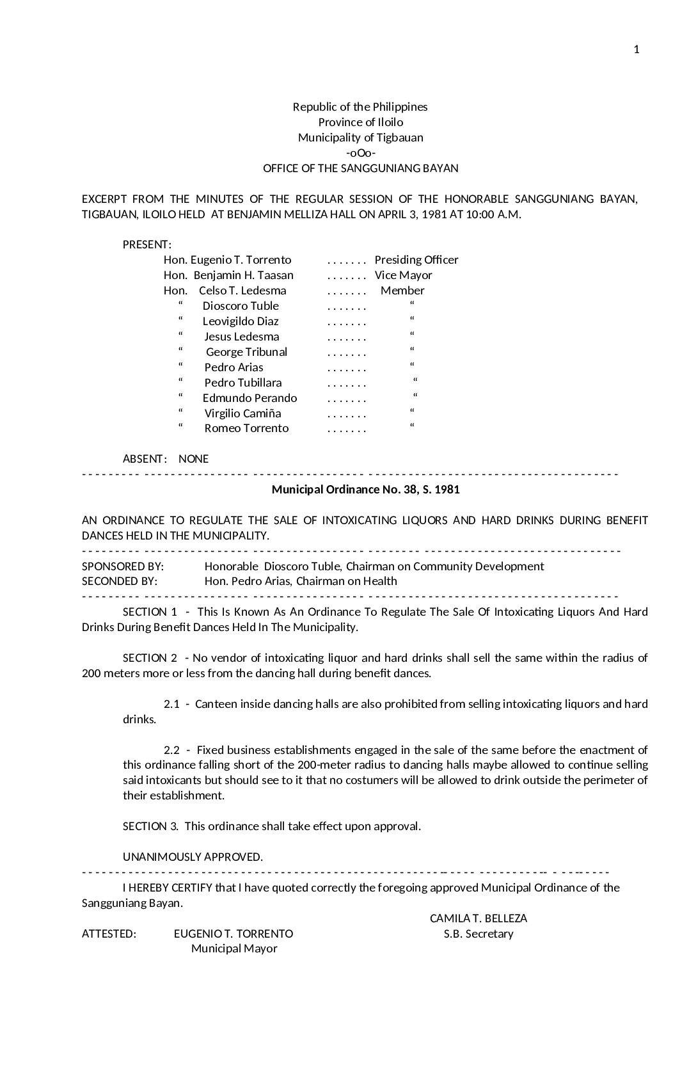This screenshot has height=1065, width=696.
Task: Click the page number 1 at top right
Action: coord(636,50)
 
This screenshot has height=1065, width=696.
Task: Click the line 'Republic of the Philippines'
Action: coord(360,107)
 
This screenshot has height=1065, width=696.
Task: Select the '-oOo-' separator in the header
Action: coord(360,153)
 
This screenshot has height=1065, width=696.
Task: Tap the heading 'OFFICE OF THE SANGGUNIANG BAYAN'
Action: coord(360,168)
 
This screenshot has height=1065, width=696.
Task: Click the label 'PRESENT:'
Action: coord(146,244)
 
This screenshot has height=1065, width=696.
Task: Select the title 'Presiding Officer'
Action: coord(416,260)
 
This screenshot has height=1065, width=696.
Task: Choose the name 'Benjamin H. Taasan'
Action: coord(243,275)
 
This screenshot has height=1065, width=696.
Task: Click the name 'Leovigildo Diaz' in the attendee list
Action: coord(241,321)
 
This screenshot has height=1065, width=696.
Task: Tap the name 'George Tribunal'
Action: coord(246,352)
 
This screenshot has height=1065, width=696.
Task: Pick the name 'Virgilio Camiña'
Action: coord(242,413)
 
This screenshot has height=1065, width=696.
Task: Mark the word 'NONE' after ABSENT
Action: coord(193,459)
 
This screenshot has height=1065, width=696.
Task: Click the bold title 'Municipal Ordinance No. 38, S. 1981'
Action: coord(365,490)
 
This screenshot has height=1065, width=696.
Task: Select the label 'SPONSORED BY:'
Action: coord(123,566)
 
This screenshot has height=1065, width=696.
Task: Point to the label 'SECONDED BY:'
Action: coord(120,581)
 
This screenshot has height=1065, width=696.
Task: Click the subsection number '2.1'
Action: coord(171,704)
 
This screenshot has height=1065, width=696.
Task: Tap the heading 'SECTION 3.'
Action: coord(150,826)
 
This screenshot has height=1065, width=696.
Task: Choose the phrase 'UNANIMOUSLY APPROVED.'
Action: coord(193,857)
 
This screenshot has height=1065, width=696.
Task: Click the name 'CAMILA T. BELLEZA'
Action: coord(478,918)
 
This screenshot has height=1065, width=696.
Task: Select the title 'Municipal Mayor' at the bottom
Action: coord(234,949)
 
